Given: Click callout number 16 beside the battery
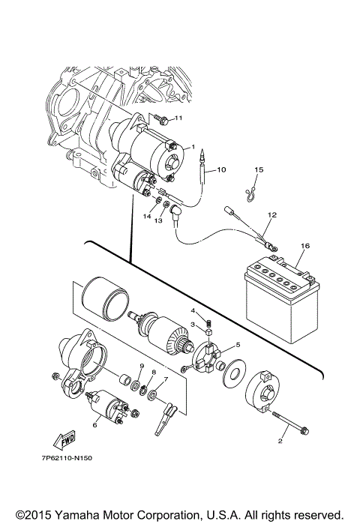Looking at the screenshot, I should click(305, 246).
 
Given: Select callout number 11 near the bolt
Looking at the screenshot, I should click(178, 118).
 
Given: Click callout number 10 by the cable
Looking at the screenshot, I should click(221, 170).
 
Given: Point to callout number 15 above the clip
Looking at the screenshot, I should click(258, 170).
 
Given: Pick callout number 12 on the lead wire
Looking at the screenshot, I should click(272, 215).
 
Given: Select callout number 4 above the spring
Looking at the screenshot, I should click(193, 310).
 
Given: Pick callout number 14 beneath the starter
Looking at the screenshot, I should click(148, 216).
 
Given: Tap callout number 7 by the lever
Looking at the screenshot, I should click(166, 379).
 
